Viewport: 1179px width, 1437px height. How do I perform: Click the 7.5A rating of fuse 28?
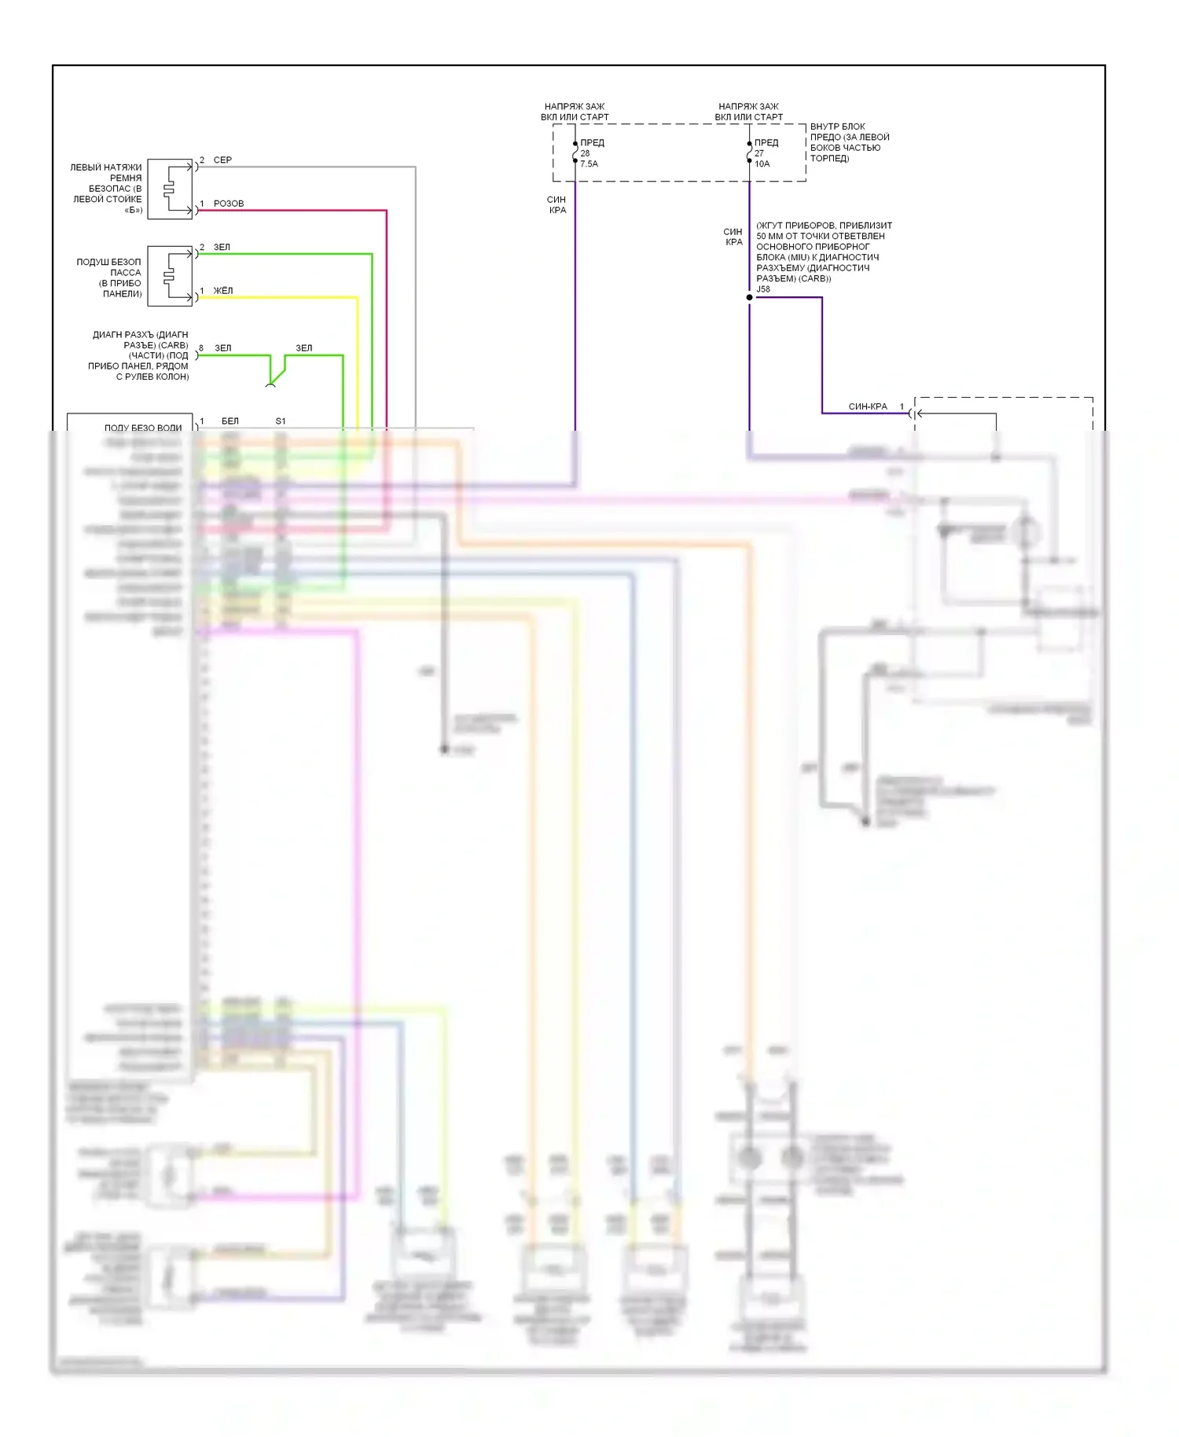(x=589, y=164)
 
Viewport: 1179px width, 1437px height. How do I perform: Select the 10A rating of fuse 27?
(x=762, y=164)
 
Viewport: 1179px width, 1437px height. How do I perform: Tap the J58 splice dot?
(x=749, y=297)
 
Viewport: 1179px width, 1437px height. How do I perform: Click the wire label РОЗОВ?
(x=229, y=204)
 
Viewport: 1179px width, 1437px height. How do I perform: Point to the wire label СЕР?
(x=222, y=160)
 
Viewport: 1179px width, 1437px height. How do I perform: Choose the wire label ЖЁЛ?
(x=223, y=291)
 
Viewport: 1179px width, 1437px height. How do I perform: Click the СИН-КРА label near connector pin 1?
(x=868, y=406)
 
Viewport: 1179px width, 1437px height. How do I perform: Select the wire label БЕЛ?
(x=230, y=421)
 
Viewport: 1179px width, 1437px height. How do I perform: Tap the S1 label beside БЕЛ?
(x=281, y=421)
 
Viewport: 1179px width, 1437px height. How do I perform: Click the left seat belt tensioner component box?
(x=170, y=189)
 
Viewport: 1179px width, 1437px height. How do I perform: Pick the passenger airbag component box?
(x=170, y=276)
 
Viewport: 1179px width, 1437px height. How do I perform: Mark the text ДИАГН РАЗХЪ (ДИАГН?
(x=141, y=335)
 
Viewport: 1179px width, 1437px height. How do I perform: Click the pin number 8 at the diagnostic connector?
(x=201, y=348)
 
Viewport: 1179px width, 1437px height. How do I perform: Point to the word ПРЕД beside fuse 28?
(x=593, y=143)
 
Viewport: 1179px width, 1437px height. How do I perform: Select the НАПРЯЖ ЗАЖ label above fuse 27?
(x=748, y=107)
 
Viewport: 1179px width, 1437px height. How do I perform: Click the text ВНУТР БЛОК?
(x=838, y=127)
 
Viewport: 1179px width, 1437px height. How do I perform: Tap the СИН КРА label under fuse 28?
(x=556, y=205)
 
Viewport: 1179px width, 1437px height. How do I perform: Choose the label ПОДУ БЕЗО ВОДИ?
(x=143, y=428)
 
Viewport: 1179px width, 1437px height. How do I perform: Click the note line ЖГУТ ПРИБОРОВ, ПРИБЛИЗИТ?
(x=824, y=226)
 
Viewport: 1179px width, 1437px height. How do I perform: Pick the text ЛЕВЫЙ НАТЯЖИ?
(x=106, y=167)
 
